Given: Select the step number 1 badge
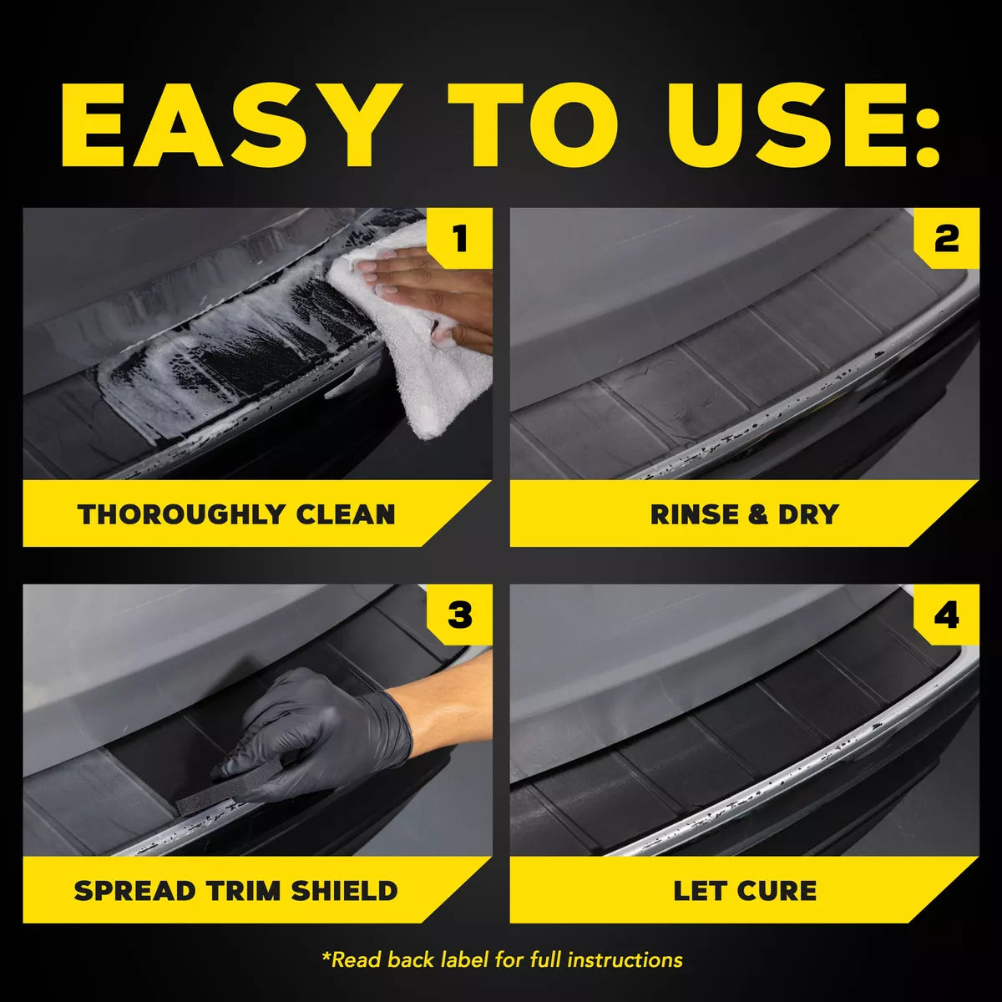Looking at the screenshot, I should tap(459, 239).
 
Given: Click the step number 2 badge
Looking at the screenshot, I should tap(946, 239).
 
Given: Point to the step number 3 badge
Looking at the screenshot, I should tap(459, 615).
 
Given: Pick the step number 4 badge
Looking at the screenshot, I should tap(946, 615).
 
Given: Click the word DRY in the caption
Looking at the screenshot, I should tap(807, 514).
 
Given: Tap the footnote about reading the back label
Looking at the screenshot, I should tap(502, 960).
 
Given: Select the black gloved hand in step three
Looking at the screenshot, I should tap(334, 735).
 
